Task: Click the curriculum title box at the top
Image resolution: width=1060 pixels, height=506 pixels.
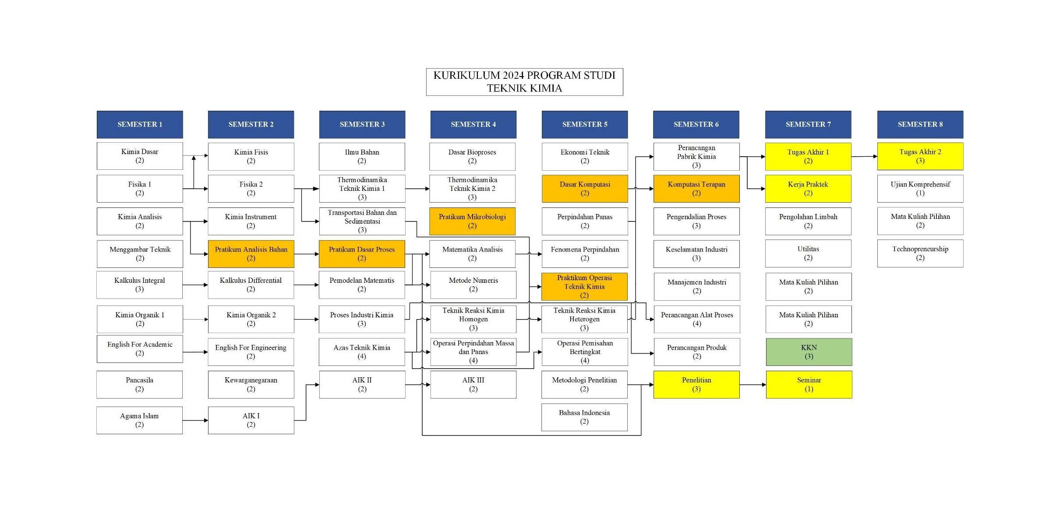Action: [524, 82]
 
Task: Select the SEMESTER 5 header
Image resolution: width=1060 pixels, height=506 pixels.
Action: [585, 124]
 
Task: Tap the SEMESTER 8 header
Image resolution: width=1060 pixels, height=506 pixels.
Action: [920, 124]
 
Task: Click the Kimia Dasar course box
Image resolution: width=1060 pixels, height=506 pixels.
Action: [140, 156]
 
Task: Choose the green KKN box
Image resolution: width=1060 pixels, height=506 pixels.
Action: [809, 352]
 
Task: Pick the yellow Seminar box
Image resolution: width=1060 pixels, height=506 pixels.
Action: [809, 384]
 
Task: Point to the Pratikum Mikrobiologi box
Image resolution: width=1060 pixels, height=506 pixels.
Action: [472, 221]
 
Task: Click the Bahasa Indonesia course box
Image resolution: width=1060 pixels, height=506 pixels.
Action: [584, 417]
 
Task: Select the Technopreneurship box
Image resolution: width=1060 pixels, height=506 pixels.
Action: [920, 253]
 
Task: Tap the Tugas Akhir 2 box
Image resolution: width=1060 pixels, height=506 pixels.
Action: [920, 156]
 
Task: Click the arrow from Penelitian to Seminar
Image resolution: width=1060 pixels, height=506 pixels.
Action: [753, 385]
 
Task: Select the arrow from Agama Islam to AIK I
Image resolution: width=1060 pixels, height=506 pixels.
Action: [195, 421]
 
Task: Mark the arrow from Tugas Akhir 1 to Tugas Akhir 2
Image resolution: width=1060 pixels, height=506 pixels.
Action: [864, 156]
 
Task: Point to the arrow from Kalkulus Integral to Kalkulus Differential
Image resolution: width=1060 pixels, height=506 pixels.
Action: [195, 285]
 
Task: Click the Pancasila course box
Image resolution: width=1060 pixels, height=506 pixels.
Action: [139, 384]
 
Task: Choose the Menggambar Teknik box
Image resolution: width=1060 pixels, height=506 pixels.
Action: [140, 254]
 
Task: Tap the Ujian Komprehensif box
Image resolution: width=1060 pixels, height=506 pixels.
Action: [920, 189]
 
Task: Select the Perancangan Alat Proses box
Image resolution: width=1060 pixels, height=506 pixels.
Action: [697, 319]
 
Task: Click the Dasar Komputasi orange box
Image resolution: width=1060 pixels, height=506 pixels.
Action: [585, 189]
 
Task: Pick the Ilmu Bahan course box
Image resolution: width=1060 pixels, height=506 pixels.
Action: [362, 156]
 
